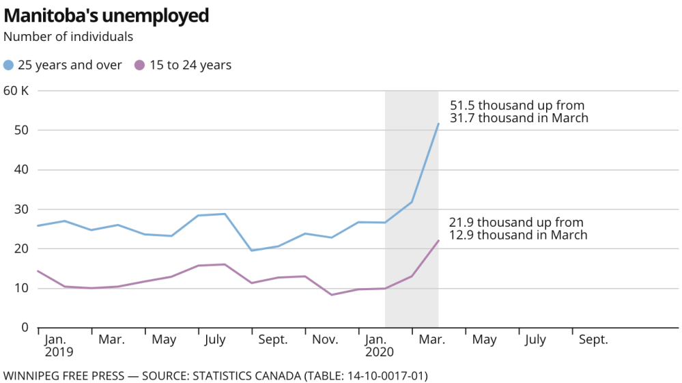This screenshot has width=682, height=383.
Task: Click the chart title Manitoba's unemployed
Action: point(106,15)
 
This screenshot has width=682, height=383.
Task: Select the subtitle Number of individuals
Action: point(68,36)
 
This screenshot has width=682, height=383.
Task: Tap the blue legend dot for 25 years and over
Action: point(9,66)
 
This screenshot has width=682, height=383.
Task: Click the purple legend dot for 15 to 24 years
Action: point(140,66)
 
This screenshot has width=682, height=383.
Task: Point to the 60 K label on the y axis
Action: point(17,90)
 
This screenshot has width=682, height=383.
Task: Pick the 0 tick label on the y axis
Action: point(24,328)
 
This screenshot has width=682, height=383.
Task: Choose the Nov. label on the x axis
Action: point(326,339)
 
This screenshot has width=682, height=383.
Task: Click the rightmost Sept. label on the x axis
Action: point(593,339)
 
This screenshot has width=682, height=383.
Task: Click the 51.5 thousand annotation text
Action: point(519,112)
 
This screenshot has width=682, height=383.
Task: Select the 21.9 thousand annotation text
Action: point(517,229)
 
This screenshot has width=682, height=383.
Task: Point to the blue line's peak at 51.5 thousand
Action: point(438,124)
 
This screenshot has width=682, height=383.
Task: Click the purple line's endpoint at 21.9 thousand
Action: point(438,240)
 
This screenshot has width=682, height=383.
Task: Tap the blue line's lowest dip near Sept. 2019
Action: point(251,251)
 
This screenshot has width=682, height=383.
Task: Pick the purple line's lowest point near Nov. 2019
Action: point(332,295)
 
